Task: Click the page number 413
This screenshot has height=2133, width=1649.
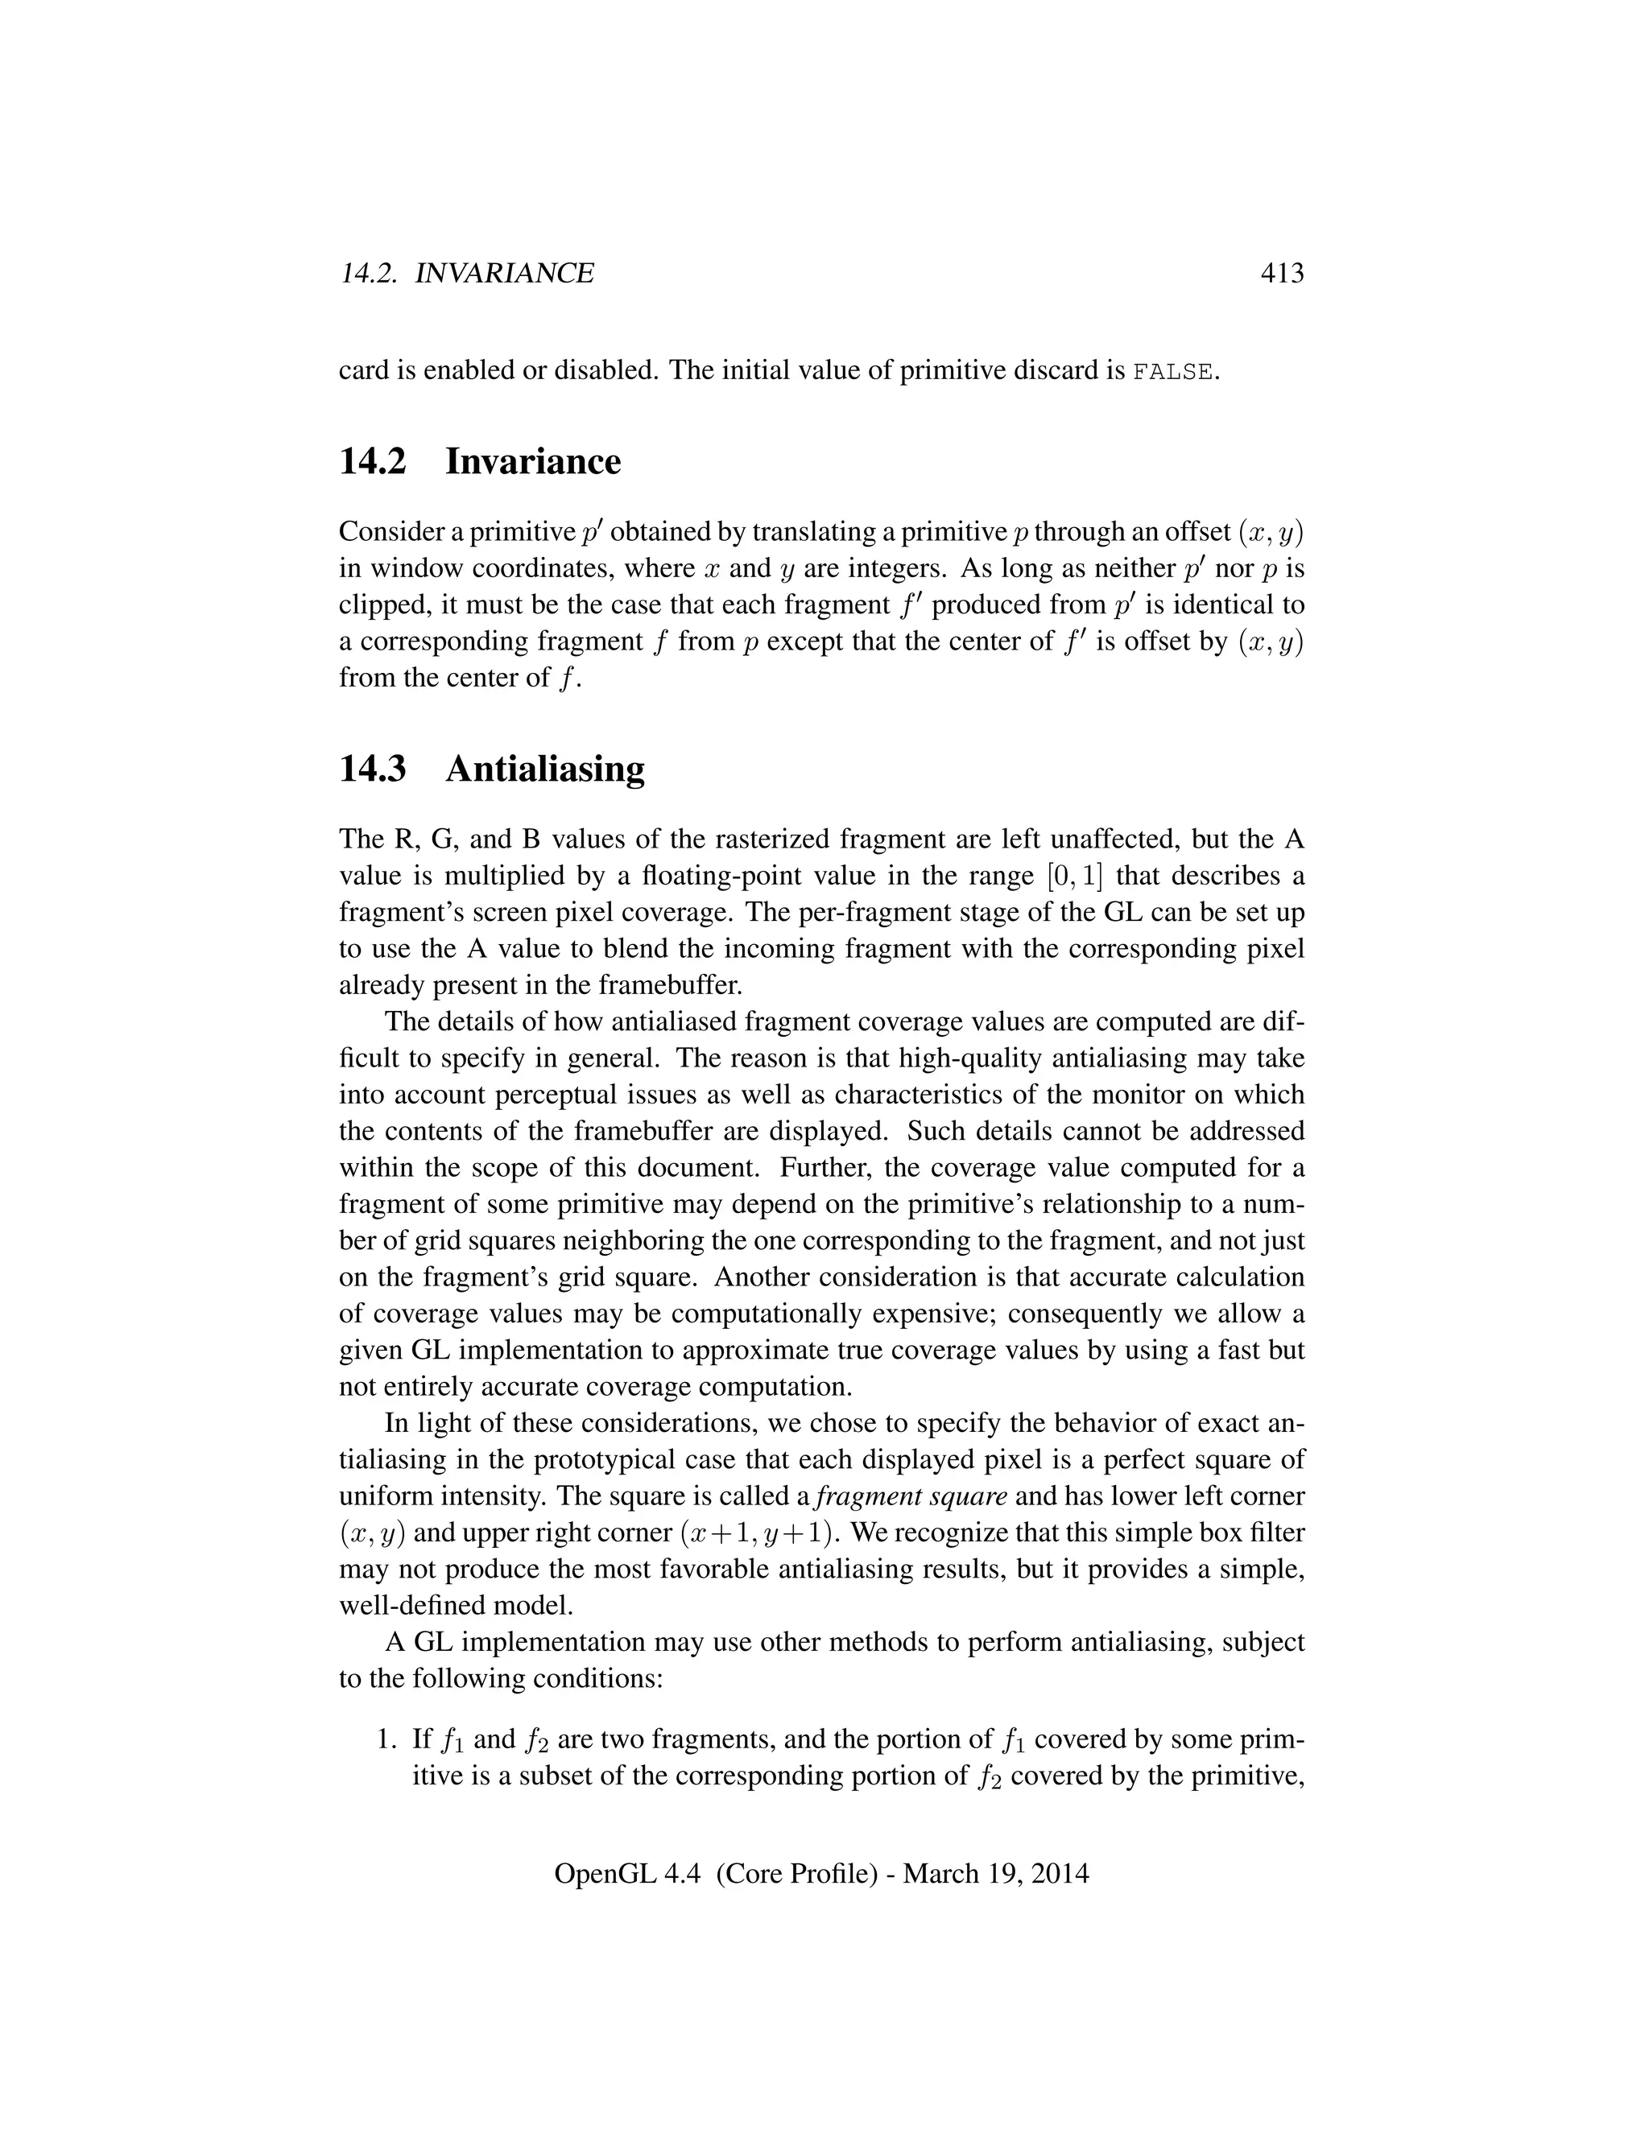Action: pos(1282,274)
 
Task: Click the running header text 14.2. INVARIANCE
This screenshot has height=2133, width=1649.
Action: pos(467,274)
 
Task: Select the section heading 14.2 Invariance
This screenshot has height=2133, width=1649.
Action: pos(480,461)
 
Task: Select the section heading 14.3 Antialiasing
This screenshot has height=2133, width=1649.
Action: pos(491,769)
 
